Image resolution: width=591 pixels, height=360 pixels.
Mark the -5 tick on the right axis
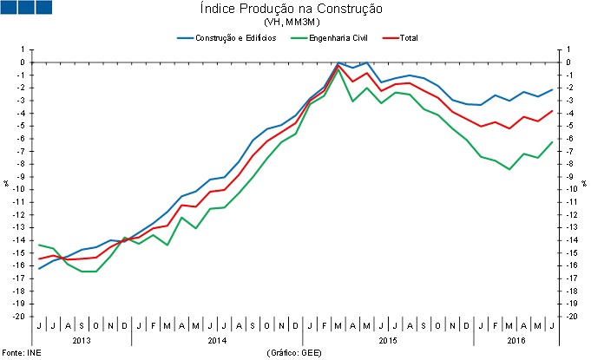coord(568,126)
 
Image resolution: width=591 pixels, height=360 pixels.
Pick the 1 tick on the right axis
coord(567,49)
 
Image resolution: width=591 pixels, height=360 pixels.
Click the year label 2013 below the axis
coord(81,340)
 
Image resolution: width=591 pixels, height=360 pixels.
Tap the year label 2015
coord(388,340)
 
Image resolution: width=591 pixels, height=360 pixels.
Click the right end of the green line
coord(553,142)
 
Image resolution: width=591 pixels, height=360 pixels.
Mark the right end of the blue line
coord(553,90)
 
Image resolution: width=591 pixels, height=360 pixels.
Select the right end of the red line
coord(553,111)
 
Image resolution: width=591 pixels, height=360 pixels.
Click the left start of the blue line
coord(38,269)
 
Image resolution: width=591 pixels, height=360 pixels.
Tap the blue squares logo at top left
coord(26,8)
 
